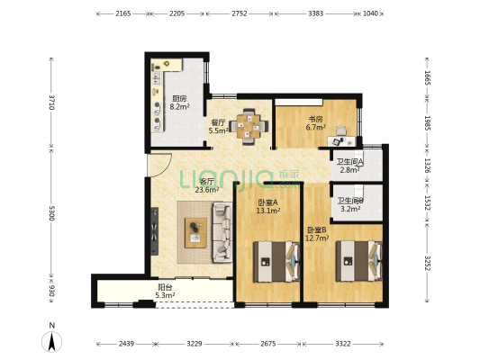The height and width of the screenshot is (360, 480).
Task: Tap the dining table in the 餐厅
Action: (x=249, y=126)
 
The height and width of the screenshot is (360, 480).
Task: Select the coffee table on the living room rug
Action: (x=195, y=232)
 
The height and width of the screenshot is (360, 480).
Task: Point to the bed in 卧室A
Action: (x=276, y=262)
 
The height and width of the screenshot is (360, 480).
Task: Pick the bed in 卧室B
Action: (x=359, y=261)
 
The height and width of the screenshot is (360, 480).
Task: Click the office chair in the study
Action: (x=341, y=130)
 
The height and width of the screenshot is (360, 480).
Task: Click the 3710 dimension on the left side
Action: (x=52, y=103)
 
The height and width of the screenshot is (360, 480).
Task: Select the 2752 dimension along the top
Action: (x=239, y=13)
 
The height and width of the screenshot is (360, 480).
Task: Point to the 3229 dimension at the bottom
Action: (x=195, y=344)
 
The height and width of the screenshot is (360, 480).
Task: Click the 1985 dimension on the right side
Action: (x=428, y=122)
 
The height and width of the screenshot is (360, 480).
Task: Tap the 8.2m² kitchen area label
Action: (x=179, y=107)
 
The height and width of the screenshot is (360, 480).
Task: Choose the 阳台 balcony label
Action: (x=165, y=287)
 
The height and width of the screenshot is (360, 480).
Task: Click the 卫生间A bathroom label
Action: (x=350, y=161)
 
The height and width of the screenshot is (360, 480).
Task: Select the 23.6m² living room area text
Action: (x=207, y=190)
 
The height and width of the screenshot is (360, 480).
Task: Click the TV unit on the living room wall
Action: (x=155, y=231)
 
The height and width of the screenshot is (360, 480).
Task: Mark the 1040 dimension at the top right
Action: (x=370, y=13)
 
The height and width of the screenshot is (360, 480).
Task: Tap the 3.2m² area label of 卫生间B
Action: (x=350, y=209)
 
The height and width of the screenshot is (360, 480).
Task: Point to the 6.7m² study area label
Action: (x=315, y=127)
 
